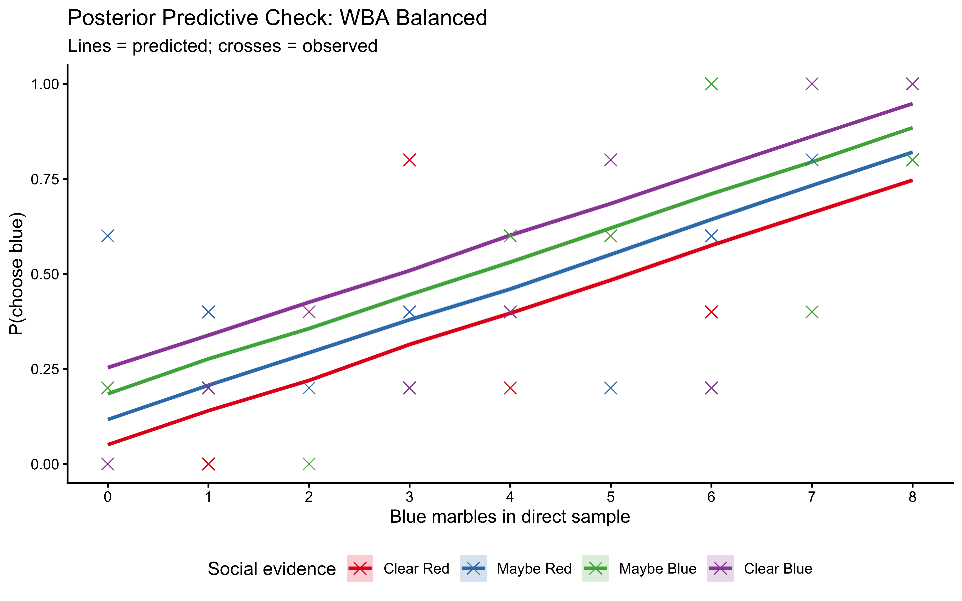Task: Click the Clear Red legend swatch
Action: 360,568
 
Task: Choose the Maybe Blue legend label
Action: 658,569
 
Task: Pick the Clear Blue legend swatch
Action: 720,568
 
